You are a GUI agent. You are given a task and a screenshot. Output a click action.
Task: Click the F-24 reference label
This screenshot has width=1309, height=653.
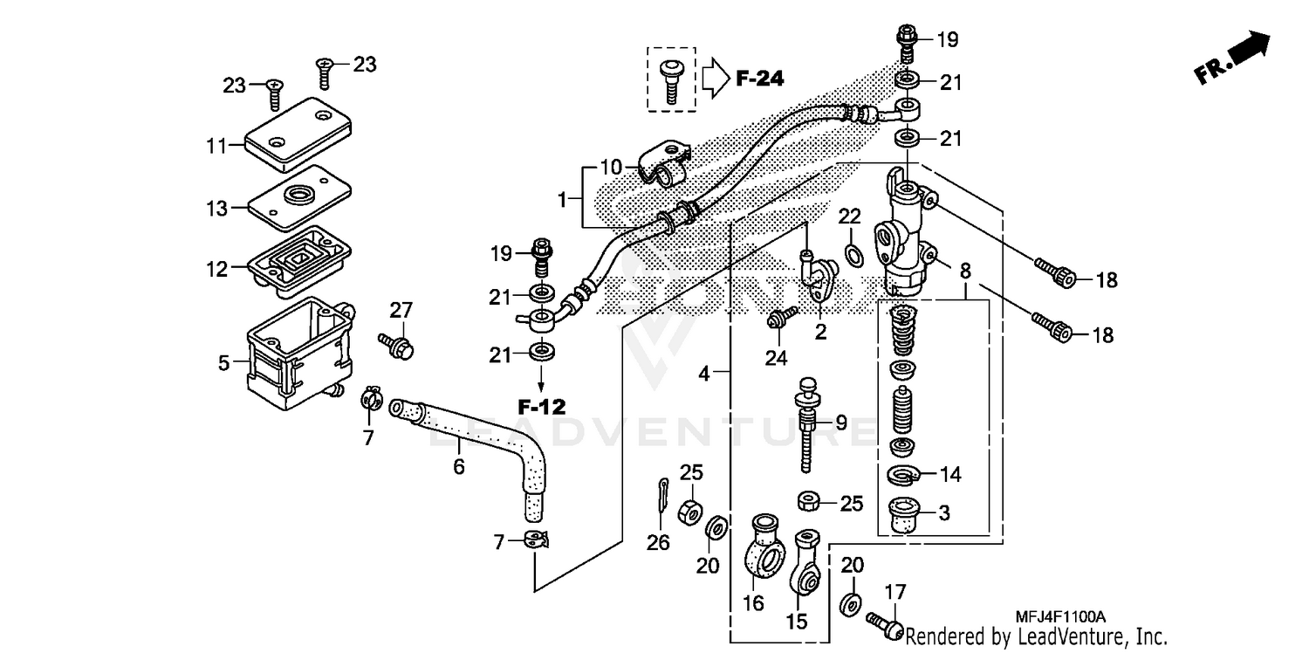[759, 79]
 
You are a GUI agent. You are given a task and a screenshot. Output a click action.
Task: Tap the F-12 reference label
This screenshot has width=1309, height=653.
[541, 406]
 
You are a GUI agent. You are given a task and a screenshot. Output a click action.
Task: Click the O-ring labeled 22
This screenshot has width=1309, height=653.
[853, 254]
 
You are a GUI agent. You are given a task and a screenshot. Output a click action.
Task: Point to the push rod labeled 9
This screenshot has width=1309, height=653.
[807, 428]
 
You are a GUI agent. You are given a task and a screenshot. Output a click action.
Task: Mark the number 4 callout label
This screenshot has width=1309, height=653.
[703, 374]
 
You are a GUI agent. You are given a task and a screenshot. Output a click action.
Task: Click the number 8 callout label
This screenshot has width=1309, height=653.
[965, 272]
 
